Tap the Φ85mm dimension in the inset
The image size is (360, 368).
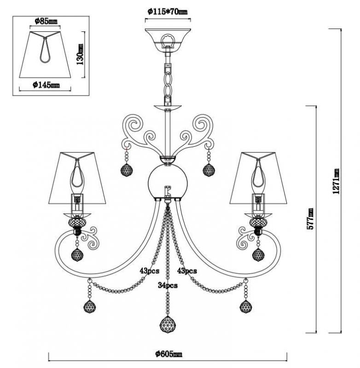coord(46,21)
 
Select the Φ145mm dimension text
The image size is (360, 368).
coord(46,85)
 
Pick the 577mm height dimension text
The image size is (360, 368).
coord(311,218)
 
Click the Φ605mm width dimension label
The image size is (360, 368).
coord(168,354)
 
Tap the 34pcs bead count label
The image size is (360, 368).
coord(168,285)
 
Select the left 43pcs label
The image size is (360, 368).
coord(150,271)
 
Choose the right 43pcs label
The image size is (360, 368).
coord(187,271)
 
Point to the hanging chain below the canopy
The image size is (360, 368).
coord(168,78)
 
